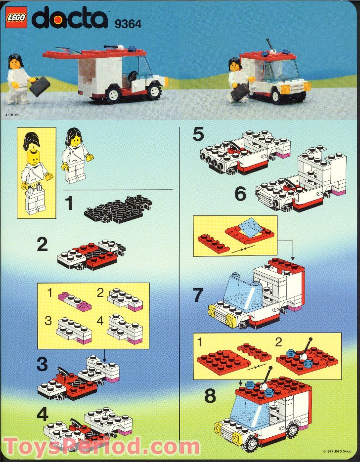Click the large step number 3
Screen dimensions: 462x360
click(x=43, y=365)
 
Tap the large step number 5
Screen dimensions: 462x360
click(x=198, y=134)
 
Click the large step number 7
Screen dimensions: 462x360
click(x=198, y=295)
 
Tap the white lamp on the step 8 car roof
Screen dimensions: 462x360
click(x=264, y=388)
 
